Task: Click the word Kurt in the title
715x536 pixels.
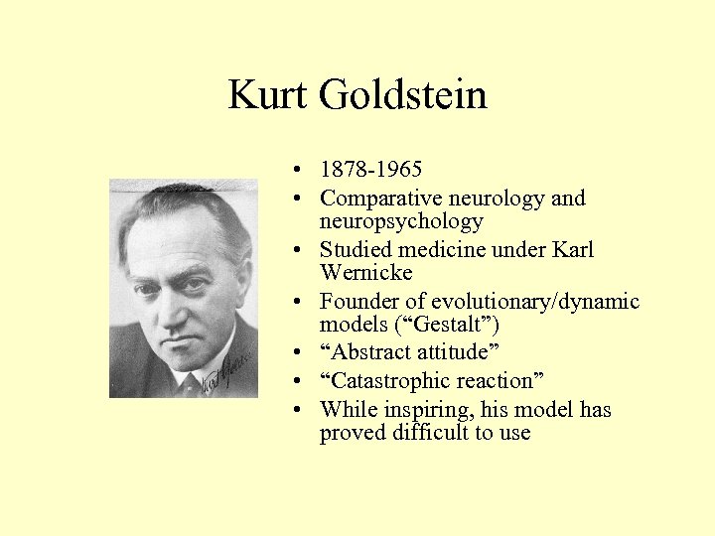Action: (268, 96)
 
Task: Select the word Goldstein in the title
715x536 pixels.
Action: (402, 96)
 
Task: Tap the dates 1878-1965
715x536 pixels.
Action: (370, 170)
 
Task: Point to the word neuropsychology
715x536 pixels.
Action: (401, 221)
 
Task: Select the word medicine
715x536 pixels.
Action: (448, 249)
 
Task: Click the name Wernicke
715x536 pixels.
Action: (365, 272)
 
